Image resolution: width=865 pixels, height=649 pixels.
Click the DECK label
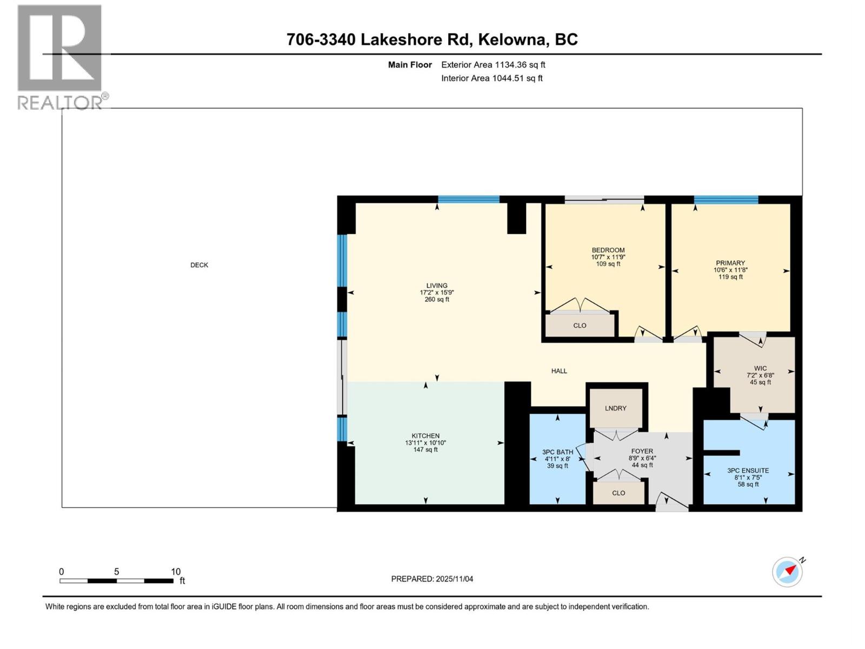[x=199, y=265]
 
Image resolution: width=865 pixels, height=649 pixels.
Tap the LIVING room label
[x=437, y=286]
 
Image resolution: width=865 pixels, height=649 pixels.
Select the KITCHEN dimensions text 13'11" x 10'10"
[x=425, y=443]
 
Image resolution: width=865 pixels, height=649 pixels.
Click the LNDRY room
[x=616, y=408]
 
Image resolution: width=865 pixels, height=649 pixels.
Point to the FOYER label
[x=642, y=451]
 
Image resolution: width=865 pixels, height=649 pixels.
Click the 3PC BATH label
[x=557, y=452]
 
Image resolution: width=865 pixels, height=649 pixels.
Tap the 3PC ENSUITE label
[x=748, y=471]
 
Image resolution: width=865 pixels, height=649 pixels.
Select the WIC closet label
[x=760, y=368]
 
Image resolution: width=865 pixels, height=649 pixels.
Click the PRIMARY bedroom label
[x=730, y=263]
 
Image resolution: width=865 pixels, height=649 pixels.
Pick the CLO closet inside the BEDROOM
[x=580, y=326]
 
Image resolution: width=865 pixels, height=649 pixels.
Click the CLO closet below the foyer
[x=618, y=493]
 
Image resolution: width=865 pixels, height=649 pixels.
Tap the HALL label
[x=559, y=371]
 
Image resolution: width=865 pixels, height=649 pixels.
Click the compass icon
[x=787, y=572]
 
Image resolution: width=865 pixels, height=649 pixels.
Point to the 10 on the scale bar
[x=176, y=572]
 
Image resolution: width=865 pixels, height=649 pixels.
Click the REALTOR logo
[x=61, y=57]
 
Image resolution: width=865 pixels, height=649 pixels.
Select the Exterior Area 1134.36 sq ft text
[x=493, y=65]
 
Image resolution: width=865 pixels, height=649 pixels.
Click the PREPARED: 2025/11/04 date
[x=432, y=579]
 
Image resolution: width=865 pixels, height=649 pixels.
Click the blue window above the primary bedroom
[x=726, y=200]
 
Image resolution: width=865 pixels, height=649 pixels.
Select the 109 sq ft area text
[x=608, y=264]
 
